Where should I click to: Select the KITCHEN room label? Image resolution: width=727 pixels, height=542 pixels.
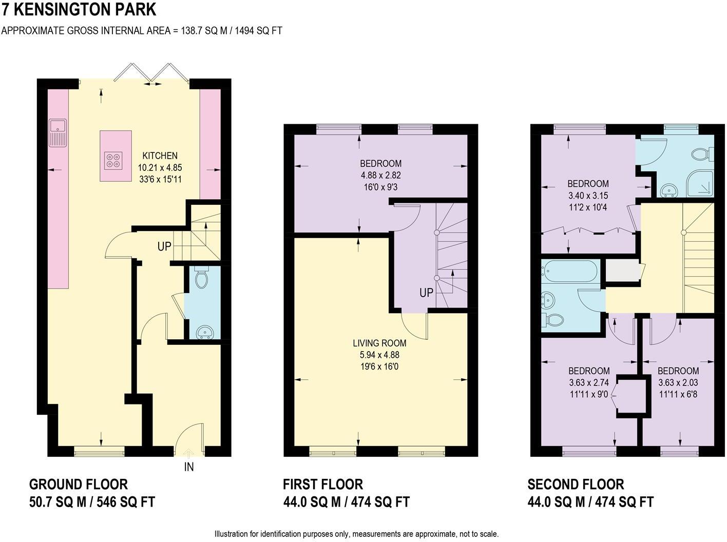[x=160, y=156]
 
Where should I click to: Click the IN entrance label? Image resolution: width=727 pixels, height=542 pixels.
[x=189, y=467]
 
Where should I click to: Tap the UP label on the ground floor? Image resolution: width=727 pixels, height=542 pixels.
[x=164, y=247]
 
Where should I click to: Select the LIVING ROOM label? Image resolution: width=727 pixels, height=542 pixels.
[x=379, y=343]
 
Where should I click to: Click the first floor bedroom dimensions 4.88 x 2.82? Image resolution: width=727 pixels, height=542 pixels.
[x=380, y=176]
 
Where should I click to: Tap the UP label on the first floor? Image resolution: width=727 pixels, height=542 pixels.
[x=426, y=293]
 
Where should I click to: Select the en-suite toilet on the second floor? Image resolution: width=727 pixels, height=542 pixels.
[x=702, y=153]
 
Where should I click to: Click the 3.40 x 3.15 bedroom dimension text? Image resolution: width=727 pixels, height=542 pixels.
[x=588, y=196]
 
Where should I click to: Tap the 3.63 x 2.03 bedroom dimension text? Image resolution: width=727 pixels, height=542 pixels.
[x=678, y=382]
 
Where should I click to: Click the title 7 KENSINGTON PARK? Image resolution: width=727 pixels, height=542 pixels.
[x=79, y=10]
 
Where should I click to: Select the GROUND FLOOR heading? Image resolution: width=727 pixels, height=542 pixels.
[x=79, y=484]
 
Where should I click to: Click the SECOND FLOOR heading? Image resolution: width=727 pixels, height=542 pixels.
[x=576, y=484]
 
